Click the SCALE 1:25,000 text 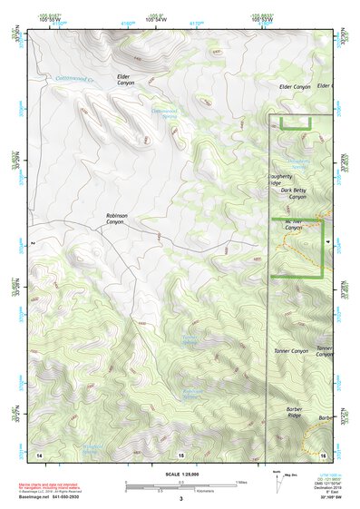click(180, 473)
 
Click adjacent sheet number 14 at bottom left click(39, 454)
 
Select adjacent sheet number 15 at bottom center click(180, 454)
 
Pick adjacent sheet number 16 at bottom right click(323, 454)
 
